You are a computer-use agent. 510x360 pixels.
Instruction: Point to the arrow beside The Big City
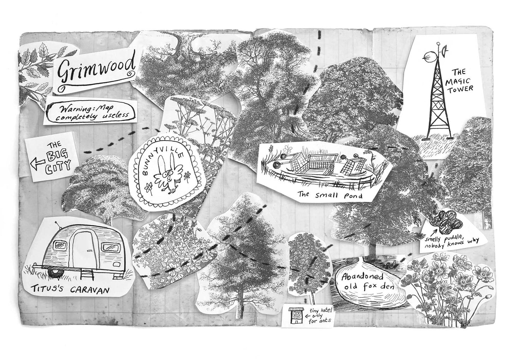click(38, 163)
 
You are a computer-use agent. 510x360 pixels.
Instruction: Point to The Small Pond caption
click(330, 195)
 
